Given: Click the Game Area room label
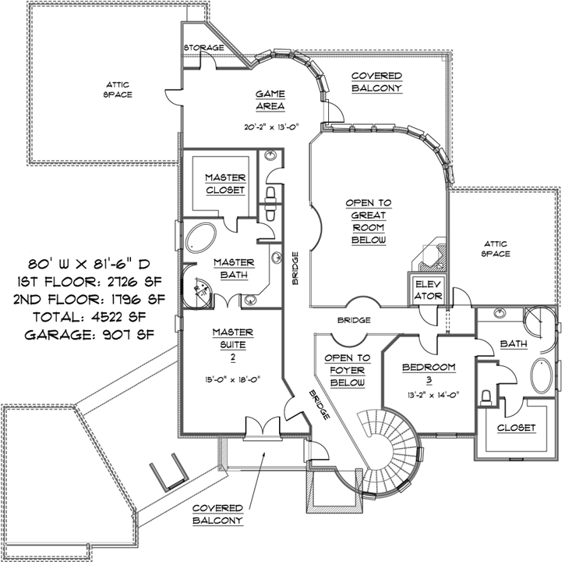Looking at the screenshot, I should [270, 100].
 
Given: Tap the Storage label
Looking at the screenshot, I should [203, 48].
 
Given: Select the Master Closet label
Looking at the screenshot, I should [225, 184].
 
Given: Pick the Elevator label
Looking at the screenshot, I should [429, 290].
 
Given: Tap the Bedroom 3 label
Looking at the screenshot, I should [429, 373].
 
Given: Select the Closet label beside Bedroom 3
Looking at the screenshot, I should [516, 428].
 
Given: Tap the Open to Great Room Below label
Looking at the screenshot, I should [369, 222].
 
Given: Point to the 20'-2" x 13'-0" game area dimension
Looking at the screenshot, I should [270, 125].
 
